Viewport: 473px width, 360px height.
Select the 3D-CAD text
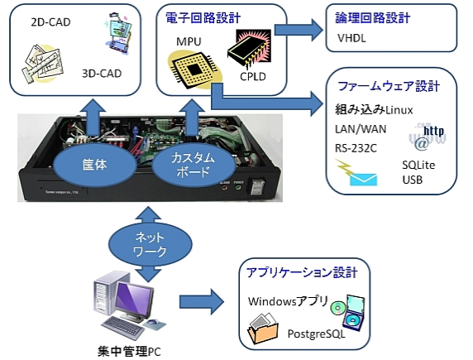pos(103,73)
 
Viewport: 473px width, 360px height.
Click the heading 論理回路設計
pos(374,17)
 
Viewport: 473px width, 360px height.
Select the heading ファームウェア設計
pos(389,86)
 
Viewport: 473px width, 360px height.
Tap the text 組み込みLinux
pos(373,110)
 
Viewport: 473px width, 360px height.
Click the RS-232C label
pos(357,148)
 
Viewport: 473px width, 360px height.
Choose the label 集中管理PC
pos(125,351)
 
